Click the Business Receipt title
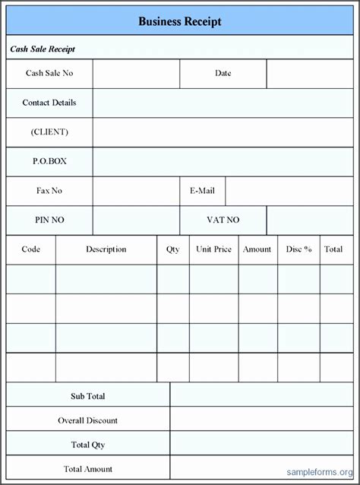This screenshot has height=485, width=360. [180, 22]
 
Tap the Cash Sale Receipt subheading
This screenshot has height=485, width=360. [43, 49]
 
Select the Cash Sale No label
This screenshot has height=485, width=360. [49, 74]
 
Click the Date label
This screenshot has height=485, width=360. [223, 74]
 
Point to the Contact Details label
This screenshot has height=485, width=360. [49, 103]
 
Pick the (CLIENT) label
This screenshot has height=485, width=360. [49, 132]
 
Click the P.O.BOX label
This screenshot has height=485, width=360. [49, 161]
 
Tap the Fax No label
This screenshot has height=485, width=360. [49, 191]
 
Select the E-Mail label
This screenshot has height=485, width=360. [203, 191]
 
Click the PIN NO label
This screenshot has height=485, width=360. [49, 220]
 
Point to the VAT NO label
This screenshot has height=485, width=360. [223, 220]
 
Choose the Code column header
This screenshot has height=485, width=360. [31, 249]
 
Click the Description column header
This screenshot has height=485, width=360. [106, 249]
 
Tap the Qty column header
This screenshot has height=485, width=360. [173, 249]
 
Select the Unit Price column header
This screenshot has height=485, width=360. [213, 249]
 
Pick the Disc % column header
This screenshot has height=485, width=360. [298, 249]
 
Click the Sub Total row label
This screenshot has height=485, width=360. [88, 396]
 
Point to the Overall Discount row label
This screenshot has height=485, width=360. [88, 420]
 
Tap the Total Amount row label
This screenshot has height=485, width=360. [88, 470]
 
